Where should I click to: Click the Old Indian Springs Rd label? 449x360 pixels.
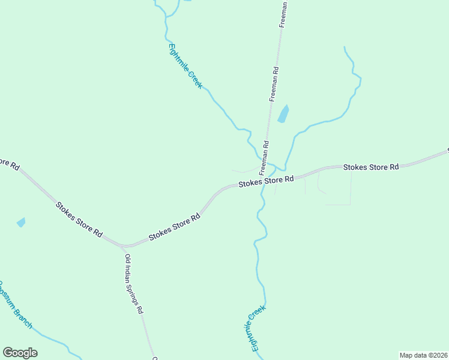tap(134, 284)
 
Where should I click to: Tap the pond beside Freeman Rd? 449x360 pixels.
tap(283, 113)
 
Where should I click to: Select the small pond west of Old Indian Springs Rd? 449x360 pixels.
tap(21, 222)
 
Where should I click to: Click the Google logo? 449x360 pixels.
tap(20, 353)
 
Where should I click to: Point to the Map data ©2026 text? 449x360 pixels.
tap(423, 355)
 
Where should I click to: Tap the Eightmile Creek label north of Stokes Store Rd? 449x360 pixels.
tap(185, 66)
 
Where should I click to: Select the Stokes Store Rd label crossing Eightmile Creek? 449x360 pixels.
tap(266, 181)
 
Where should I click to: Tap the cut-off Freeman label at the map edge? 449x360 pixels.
tap(283, 14)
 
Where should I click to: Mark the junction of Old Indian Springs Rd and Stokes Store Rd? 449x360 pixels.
tap(122, 246)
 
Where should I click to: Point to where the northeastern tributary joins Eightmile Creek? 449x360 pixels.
tap(285, 169)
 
